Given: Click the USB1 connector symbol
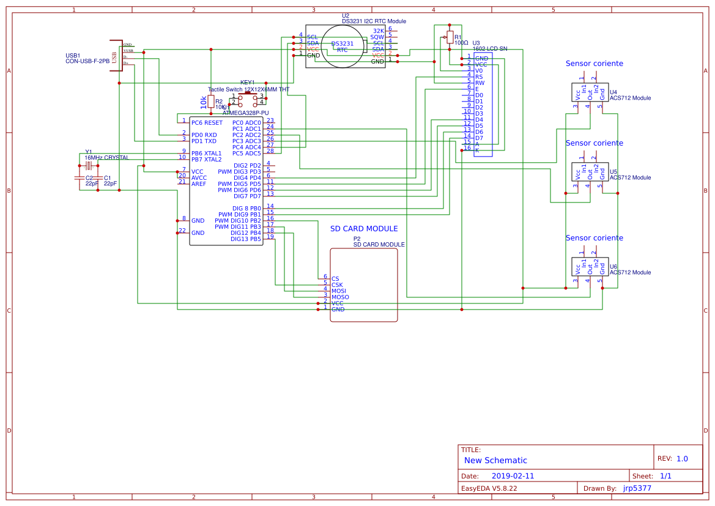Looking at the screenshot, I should (x=114, y=54).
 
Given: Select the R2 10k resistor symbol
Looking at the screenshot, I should (x=211, y=102).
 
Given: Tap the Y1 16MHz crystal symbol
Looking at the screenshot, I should (x=89, y=165).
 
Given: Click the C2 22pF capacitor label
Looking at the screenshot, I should (x=89, y=177).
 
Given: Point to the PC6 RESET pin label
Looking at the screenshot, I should (x=207, y=123).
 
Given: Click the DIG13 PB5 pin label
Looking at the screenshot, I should (x=245, y=239).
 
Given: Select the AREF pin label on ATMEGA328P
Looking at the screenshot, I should (x=199, y=184).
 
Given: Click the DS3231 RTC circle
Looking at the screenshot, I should (x=342, y=47).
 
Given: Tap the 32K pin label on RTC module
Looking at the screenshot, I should (x=379, y=31).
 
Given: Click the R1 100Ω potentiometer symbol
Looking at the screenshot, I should (x=450, y=37).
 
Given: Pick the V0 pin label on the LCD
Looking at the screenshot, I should (x=479, y=71).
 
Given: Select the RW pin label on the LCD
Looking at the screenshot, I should (x=480, y=83).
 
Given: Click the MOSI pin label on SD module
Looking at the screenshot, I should (x=339, y=291).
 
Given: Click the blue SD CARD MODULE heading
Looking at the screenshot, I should (x=364, y=229).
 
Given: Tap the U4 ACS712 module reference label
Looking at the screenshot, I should (x=613, y=92).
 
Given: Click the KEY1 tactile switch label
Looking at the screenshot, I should (x=247, y=82).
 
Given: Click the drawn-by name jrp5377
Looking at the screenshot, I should (x=637, y=488).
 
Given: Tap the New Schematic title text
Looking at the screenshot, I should (x=495, y=461).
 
